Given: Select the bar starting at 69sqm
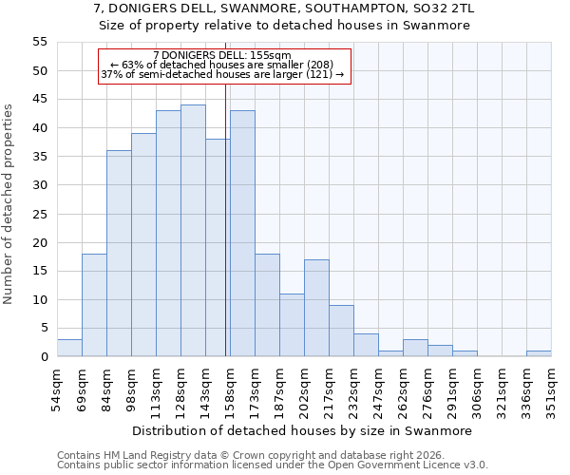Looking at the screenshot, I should pyautogui.click(x=94, y=305).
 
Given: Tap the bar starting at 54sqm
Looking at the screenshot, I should pyautogui.click(x=69, y=348).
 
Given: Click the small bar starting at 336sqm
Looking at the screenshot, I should pyautogui.click(x=539, y=353).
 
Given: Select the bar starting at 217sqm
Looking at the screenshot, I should pyautogui.click(x=341, y=331).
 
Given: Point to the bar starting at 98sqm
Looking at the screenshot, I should pyautogui.click(x=143, y=245).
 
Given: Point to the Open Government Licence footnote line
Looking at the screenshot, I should pyautogui.click(x=272, y=465).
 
